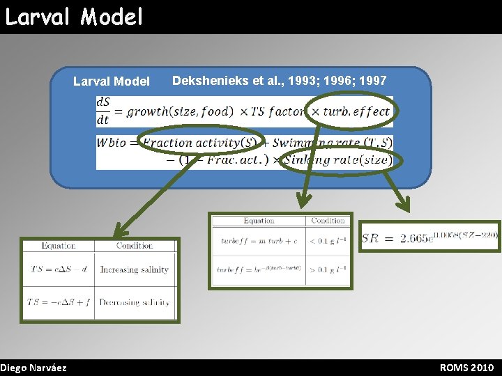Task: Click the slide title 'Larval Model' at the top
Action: point(74,16)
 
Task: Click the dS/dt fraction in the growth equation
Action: point(103,111)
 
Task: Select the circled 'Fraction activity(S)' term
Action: point(201,143)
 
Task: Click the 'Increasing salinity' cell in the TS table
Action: point(134,269)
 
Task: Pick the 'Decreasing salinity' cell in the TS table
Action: point(134,302)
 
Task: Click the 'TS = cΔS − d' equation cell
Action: point(58,269)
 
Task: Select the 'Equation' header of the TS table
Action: point(59,246)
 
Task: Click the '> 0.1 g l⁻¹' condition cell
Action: point(328,269)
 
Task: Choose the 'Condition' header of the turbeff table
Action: point(328,221)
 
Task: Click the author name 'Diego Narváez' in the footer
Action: point(33,368)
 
